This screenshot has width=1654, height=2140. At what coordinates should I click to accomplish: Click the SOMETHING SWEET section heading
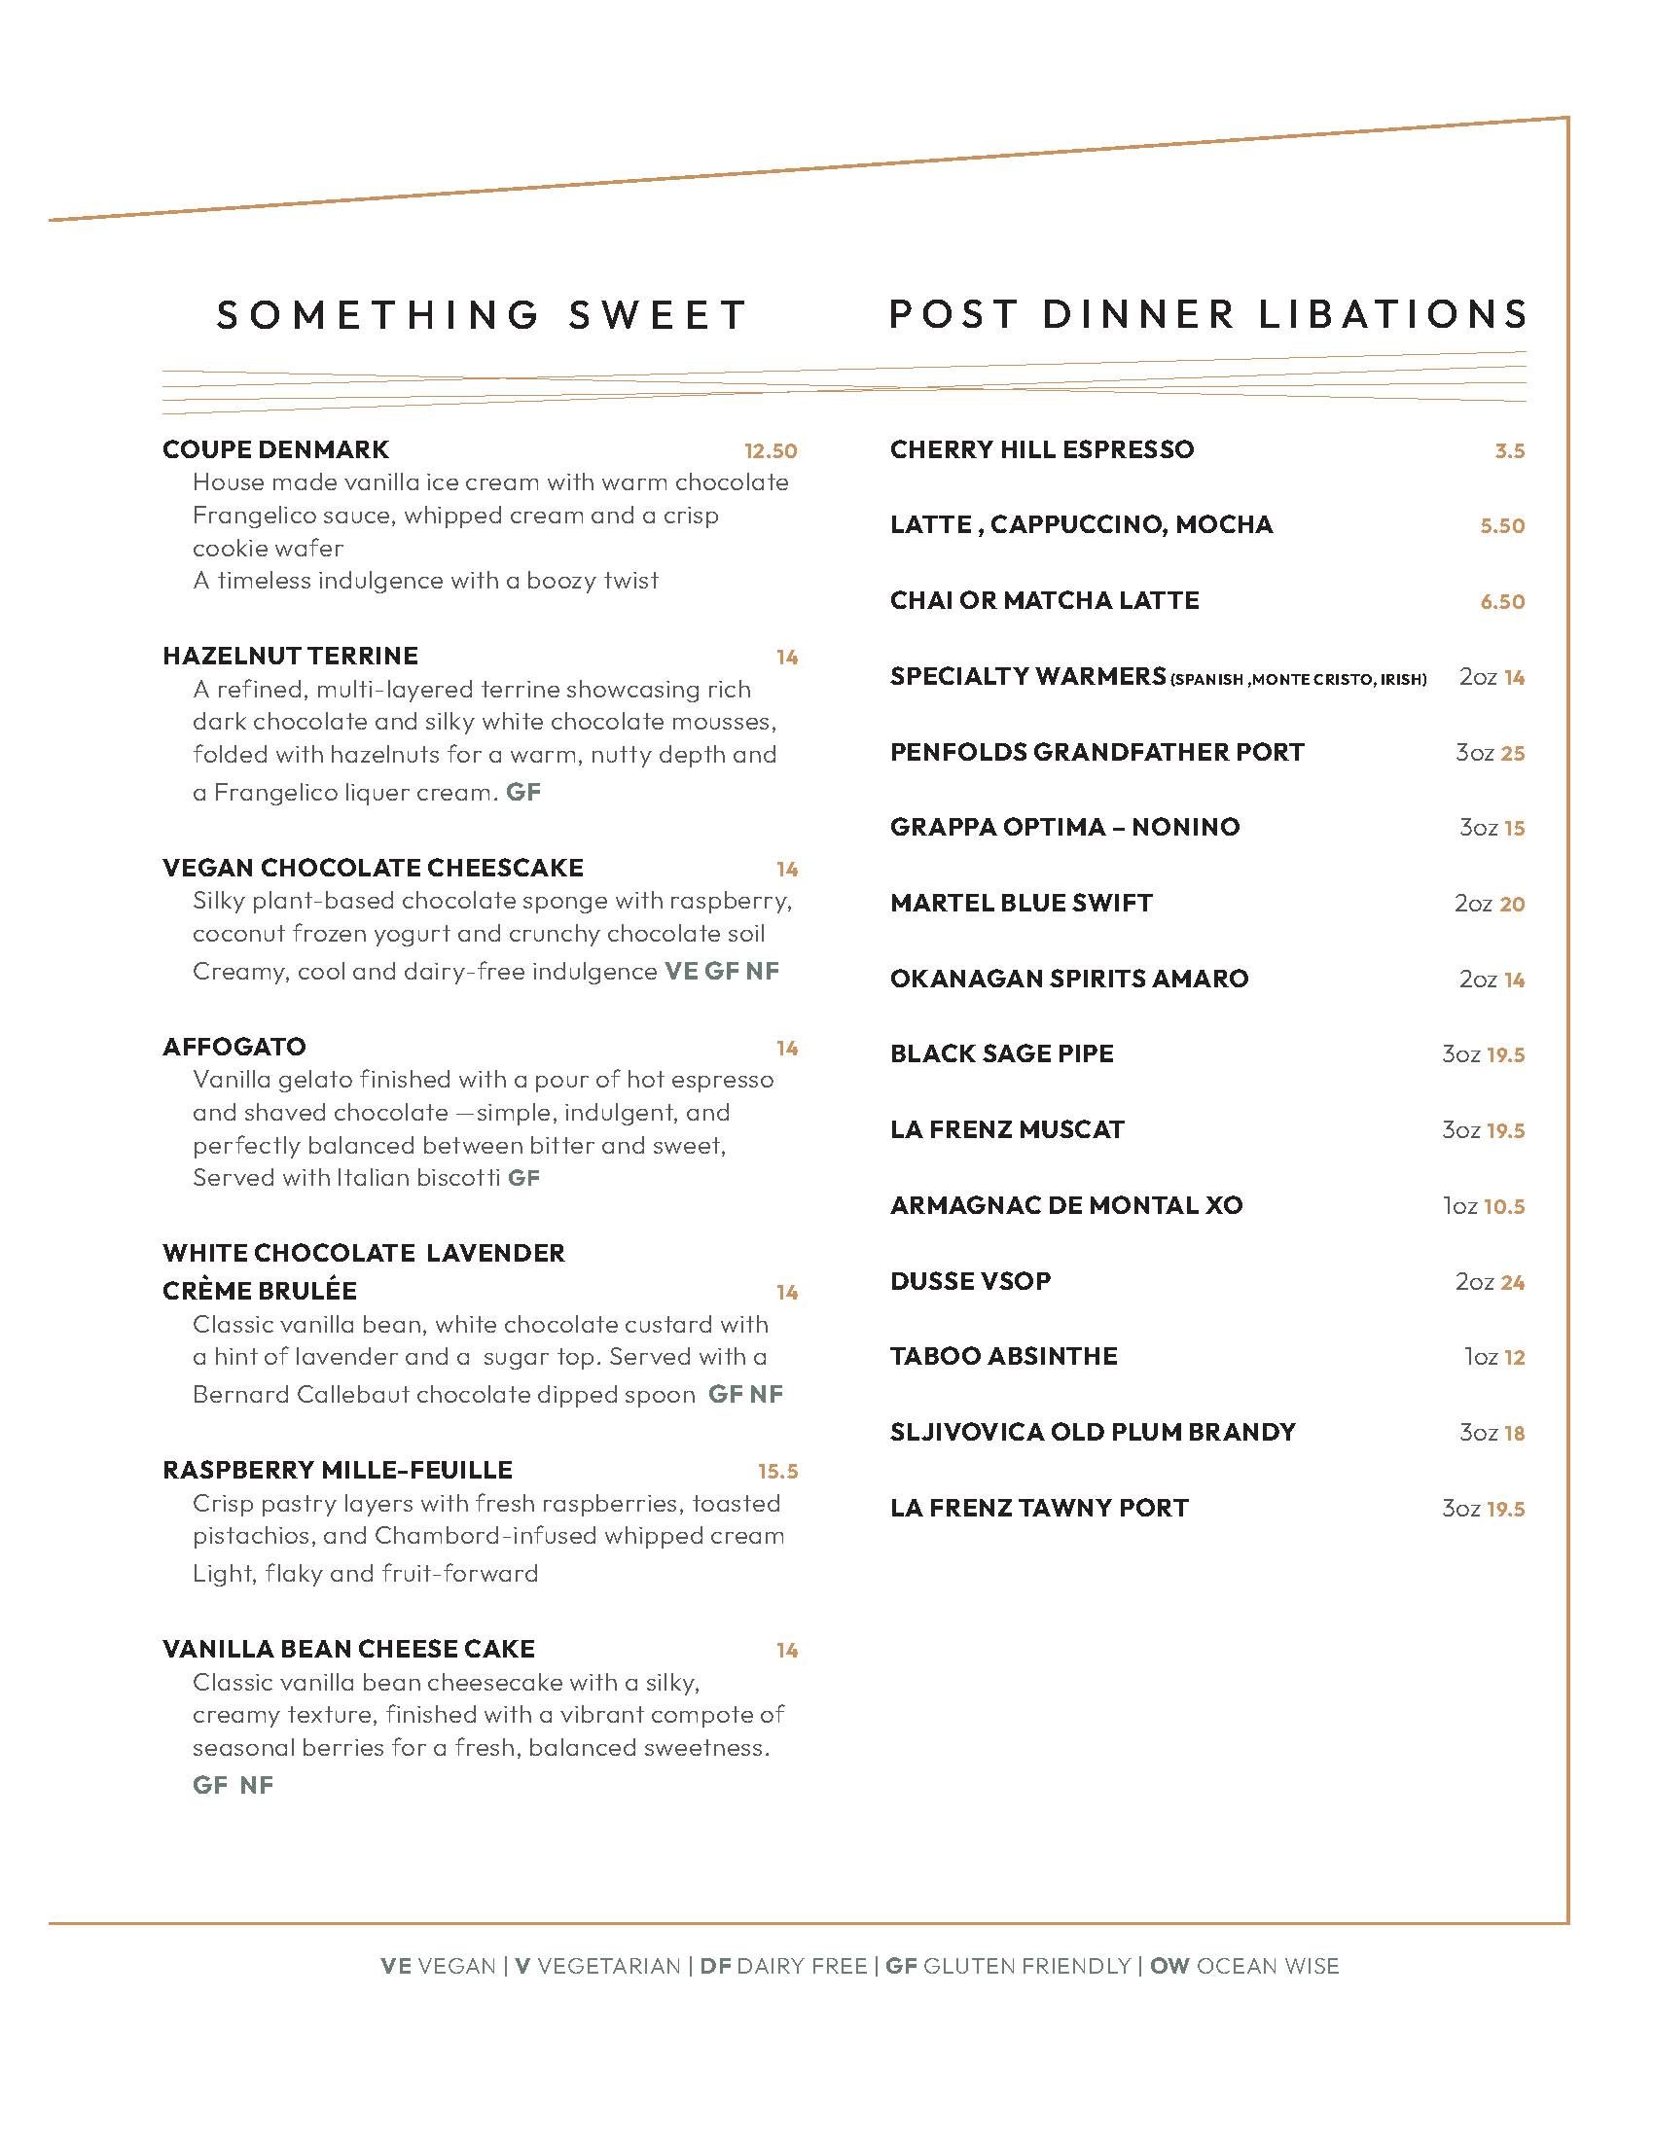482,315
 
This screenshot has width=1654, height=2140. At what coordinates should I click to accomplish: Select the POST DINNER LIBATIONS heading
1207,314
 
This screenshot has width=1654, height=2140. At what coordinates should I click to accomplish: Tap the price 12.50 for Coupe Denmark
771,450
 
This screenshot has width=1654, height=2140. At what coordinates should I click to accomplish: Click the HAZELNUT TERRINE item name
290,656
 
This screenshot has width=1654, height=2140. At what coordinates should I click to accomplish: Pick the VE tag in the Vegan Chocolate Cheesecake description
681,971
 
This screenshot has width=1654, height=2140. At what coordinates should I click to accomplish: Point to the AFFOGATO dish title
234,1047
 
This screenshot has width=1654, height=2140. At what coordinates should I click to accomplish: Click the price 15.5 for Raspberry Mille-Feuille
777,1471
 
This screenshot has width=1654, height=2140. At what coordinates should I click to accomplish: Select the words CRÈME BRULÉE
260,1291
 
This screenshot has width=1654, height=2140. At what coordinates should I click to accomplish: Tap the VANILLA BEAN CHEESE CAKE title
349,1649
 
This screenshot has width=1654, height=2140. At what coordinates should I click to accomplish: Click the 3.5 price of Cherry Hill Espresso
1509,450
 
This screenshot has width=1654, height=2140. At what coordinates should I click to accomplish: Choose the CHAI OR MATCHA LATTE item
1044,600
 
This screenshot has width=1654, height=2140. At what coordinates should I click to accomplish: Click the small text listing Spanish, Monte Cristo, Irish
1297,679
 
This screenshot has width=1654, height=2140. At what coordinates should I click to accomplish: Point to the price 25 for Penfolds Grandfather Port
1512,753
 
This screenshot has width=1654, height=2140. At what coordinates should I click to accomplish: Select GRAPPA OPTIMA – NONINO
1064,827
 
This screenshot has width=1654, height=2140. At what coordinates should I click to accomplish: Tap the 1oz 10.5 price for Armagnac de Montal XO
1484,1206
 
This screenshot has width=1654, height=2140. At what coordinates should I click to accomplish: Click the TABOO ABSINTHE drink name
1003,1356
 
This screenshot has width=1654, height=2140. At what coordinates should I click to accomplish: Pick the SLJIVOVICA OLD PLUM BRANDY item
1093,1432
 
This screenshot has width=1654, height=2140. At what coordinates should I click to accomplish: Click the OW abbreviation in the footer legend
1169,1966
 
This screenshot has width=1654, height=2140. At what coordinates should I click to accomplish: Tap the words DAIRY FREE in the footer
802,1966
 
